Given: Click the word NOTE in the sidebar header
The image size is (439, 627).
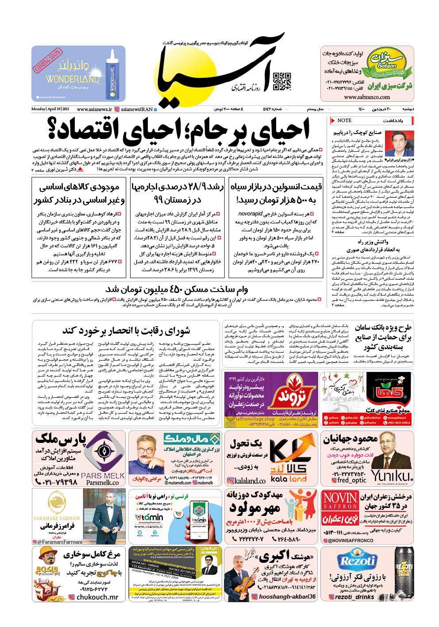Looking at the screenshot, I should pos(344,120).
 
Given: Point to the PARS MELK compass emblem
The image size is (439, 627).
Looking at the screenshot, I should pos(104,452).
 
